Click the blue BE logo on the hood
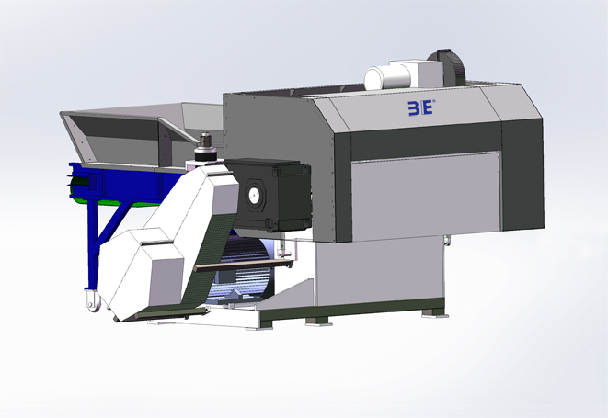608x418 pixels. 421,107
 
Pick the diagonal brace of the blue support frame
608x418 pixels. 113,224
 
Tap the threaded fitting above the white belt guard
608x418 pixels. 205,147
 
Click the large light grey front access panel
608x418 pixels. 425,196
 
